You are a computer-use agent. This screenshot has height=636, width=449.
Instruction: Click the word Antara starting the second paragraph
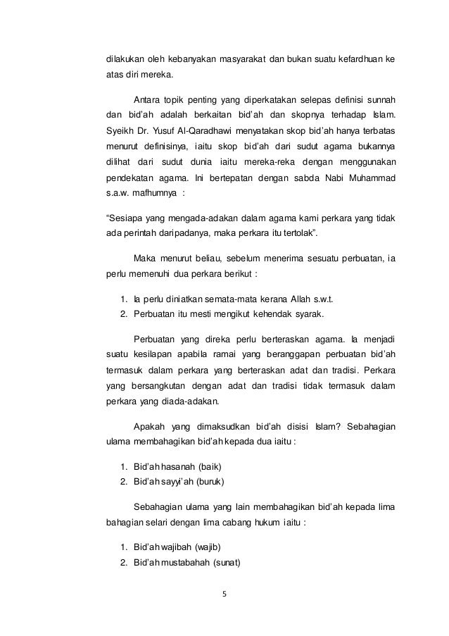click(x=148, y=96)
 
